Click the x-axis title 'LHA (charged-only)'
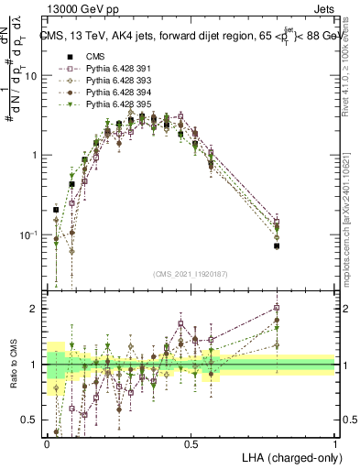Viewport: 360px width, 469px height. click(289, 456)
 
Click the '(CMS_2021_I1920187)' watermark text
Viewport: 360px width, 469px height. click(191, 275)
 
